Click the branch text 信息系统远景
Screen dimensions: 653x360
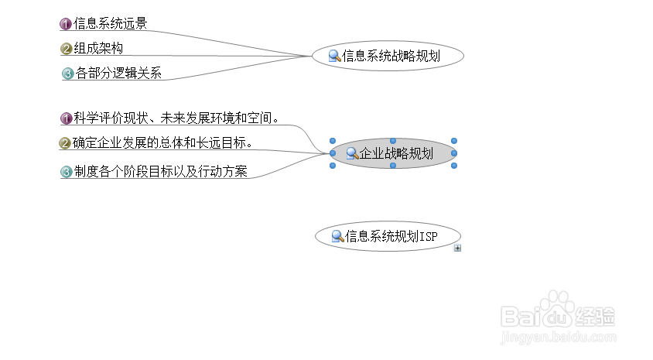coord(110,24)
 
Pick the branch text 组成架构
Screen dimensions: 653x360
coord(98,49)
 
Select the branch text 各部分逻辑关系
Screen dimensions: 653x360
coord(118,74)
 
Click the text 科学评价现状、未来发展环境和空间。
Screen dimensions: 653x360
coord(176,118)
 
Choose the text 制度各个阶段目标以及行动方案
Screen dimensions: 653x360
coord(160,172)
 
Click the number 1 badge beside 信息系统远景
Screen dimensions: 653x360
coord(66,24)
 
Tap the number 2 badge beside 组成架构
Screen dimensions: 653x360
coord(67,50)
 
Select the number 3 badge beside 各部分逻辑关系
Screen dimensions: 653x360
coord(67,74)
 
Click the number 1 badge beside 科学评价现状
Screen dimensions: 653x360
coord(67,118)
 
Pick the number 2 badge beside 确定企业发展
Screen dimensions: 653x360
coord(66,143)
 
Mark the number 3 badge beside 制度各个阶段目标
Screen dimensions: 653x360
coord(67,172)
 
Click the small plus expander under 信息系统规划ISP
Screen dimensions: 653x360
coord(458,249)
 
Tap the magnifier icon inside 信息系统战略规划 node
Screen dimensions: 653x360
coord(335,56)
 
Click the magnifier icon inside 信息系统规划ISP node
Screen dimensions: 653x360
coord(337,236)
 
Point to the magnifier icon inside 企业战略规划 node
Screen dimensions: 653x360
coord(352,153)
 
